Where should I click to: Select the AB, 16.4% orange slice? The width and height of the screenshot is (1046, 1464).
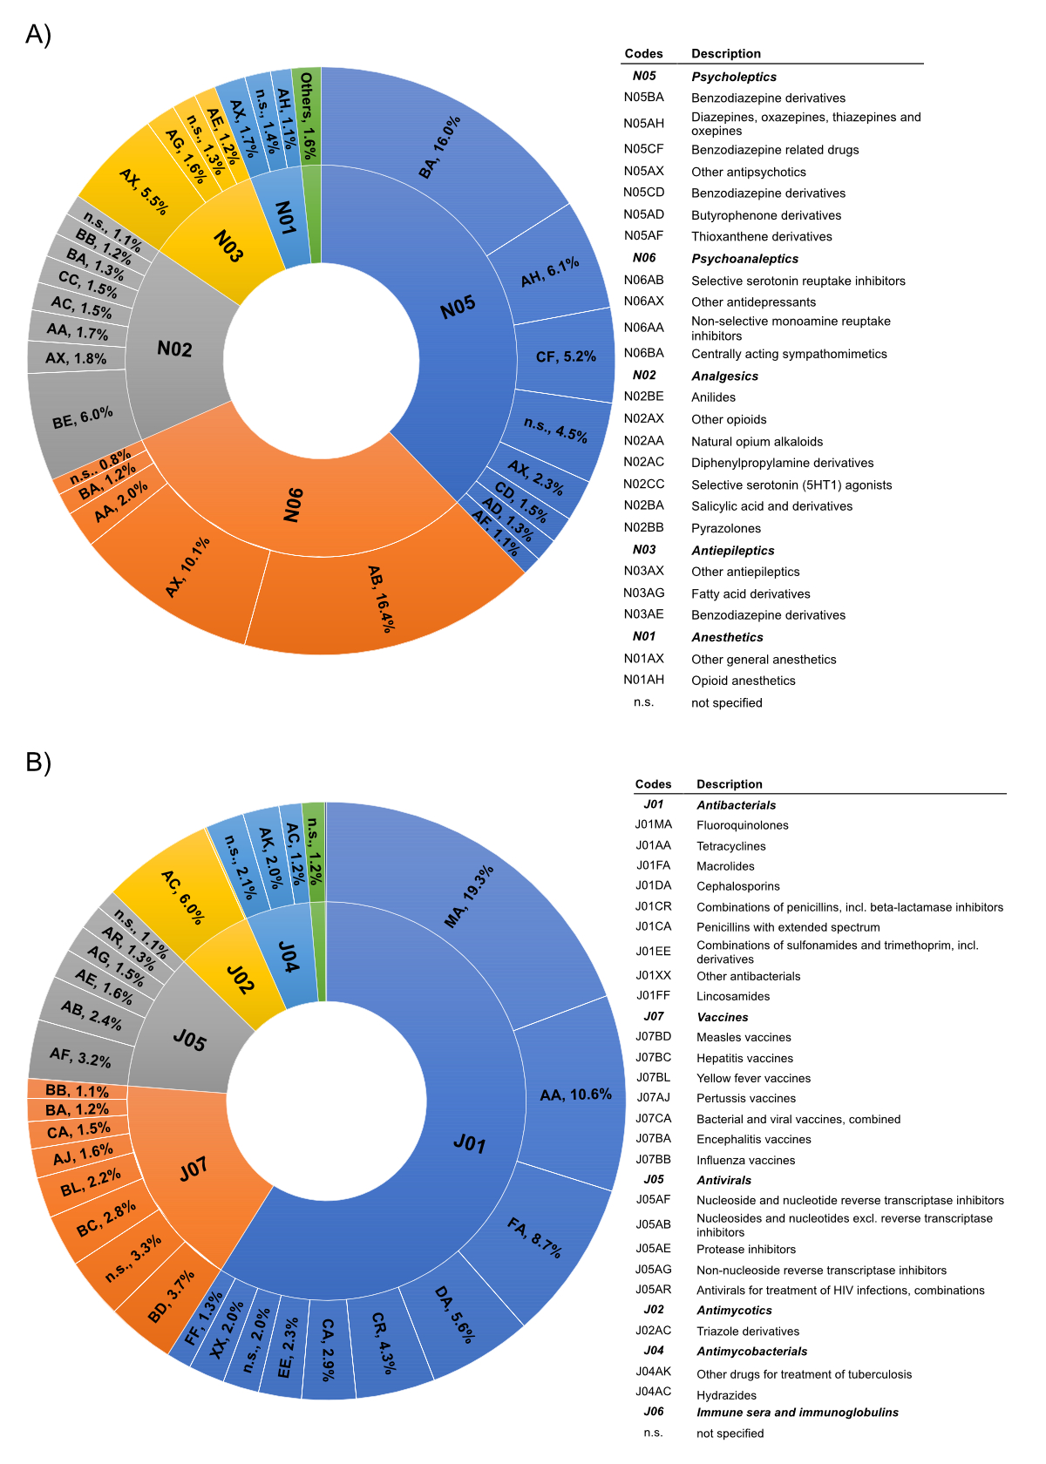[381, 599]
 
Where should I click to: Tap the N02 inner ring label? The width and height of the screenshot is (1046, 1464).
[174, 349]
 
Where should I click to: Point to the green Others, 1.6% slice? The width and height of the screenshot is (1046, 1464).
[307, 116]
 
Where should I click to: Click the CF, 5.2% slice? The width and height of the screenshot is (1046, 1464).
[566, 356]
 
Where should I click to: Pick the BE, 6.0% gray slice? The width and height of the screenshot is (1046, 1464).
[82, 418]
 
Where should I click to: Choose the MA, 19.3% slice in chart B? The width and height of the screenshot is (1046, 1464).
[469, 896]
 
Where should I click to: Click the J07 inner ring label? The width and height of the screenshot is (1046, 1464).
[194, 1169]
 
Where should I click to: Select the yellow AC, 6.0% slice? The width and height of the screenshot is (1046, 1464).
[183, 897]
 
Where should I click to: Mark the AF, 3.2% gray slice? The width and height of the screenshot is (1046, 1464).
[80, 1058]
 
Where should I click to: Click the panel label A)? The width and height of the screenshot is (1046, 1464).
[38, 34]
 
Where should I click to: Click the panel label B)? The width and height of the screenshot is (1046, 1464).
[38, 762]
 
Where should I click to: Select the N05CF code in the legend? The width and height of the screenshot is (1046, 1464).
[643, 149]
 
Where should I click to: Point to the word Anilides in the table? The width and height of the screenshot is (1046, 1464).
[713, 397]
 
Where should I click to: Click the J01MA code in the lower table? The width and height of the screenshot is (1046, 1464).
[653, 824]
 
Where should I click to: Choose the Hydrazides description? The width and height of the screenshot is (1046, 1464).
[726, 1395]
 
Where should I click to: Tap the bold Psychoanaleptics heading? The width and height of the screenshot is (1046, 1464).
[744, 259]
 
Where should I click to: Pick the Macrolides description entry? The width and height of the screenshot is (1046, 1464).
[725, 866]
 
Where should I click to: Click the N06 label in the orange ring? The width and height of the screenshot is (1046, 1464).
[294, 505]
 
